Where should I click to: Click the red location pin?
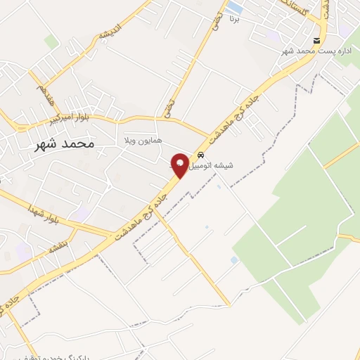[180, 165]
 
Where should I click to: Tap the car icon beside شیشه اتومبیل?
[202, 155]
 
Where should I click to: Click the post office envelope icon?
[317, 41]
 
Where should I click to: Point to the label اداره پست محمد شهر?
[306, 52]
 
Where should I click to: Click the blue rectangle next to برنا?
[235, 8]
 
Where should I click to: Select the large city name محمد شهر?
[64, 144]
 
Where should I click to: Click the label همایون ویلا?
[143, 140]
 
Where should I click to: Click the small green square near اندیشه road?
[51, 41]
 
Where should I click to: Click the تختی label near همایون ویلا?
[168, 105]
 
